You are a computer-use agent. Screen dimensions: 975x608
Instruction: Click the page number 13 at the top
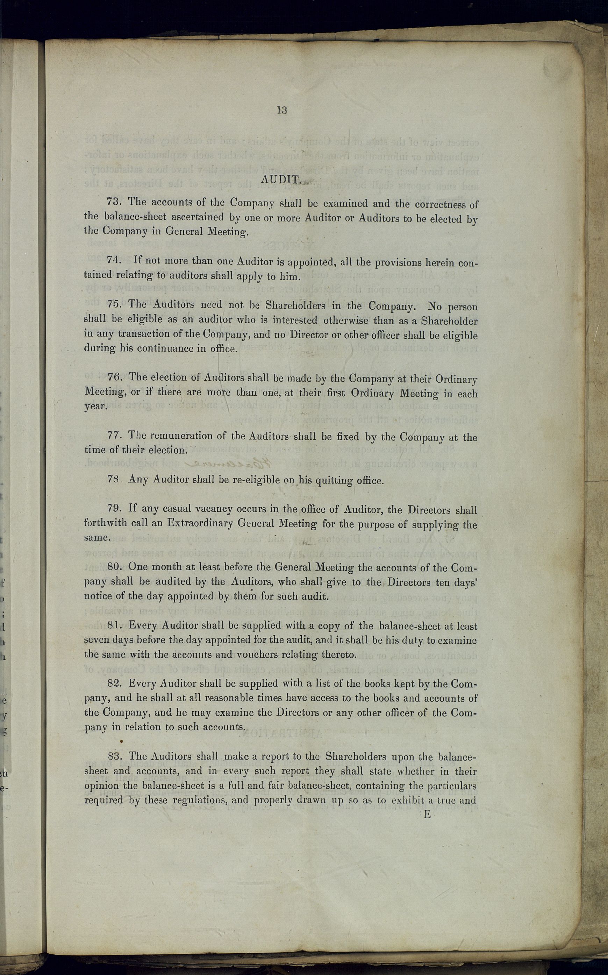click(x=281, y=110)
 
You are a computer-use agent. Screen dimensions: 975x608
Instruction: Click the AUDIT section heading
click(x=280, y=179)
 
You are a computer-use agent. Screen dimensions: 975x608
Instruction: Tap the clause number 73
click(x=114, y=202)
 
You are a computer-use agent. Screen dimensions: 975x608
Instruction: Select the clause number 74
click(x=114, y=260)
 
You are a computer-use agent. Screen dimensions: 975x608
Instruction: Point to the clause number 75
click(x=115, y=304)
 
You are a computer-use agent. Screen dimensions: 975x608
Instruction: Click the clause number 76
click(x=115, y=377)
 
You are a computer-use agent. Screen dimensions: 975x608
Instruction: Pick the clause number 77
click(x=115, y=435)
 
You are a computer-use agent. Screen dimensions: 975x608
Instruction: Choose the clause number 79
click(x=115, y=508)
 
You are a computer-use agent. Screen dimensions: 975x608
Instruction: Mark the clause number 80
click(x=115, y=566)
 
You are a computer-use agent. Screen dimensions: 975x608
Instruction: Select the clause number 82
click(x=115, y=683)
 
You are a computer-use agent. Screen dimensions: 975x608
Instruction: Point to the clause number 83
click(x=115, y=756)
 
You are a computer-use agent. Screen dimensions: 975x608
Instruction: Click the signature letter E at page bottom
click(x=427, y=814)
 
